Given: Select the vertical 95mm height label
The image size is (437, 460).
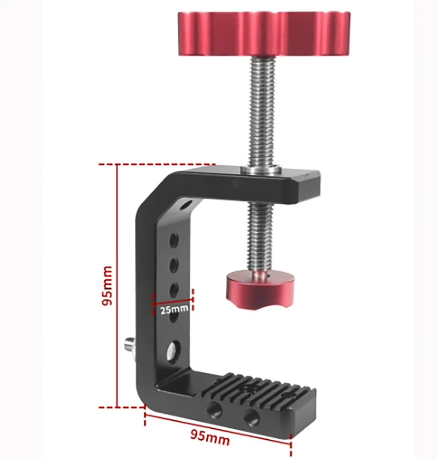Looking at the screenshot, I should click(107, 285).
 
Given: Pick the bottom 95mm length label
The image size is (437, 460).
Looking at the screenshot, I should click(210, 438).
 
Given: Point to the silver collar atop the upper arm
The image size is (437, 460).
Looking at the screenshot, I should click(261, 169).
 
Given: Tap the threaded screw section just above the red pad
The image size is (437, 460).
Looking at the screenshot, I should click(260, 238).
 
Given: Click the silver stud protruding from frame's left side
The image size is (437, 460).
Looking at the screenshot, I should click(130, 342).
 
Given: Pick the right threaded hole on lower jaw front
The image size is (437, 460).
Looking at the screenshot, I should click(252, 415).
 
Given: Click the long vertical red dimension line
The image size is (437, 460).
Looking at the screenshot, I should click(118, 285).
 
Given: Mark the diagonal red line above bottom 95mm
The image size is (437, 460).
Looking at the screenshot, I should click(218, 427).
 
